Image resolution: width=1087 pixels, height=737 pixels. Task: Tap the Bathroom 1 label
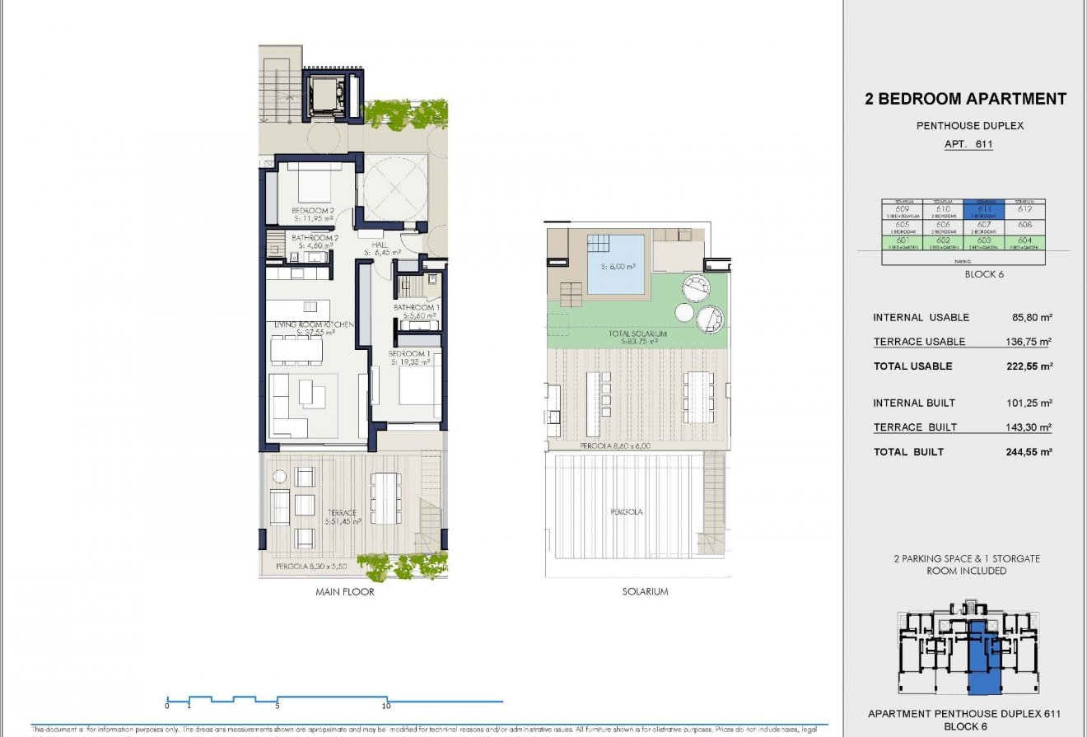point(417,307)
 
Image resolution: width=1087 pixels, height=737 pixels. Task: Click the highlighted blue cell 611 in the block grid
point(984,211)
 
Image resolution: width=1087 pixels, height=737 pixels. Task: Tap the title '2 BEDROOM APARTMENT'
point(965,99)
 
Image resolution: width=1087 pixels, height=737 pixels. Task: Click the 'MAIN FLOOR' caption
point(345,591)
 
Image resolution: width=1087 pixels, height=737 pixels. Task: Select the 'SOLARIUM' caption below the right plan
point(646,591)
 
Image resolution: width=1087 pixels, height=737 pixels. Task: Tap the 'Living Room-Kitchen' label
point(314,325)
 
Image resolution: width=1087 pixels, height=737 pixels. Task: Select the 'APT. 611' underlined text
point(965,144)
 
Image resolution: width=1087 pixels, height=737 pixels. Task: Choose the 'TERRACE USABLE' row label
point(919,342)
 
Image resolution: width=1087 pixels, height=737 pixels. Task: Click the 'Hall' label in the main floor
point(380,245)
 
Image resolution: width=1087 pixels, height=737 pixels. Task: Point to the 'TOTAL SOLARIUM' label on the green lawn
point(637,334)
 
